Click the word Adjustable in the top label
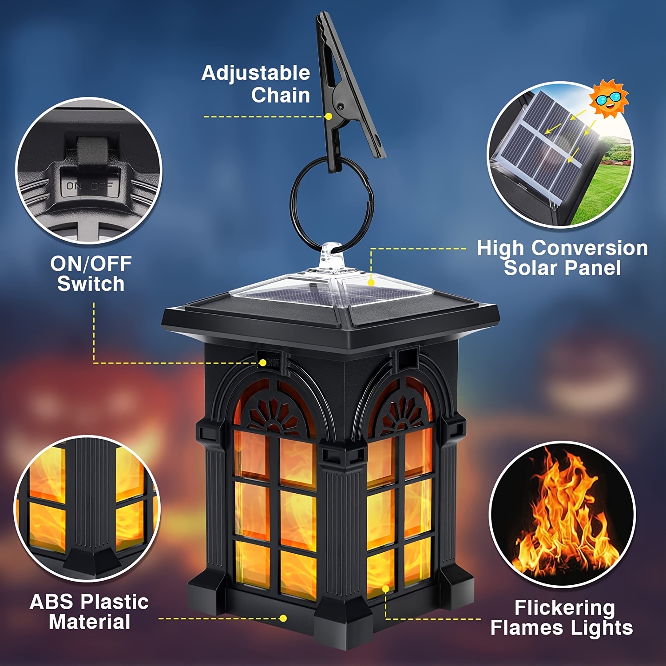pyautogui.click(x=256, y=73)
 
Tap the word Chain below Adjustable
pyautogui.click(x=280, y=95)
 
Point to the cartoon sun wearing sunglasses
pyautogui.click(x=609, y=99)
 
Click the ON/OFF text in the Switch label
pyautogui.click(x=91, y=264)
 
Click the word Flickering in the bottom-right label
pyautogui.click(x=564, y=608)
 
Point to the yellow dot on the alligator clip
pyautogui.click(x=329, y=116)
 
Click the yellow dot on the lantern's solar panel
pyautogui.click(x=371, y=282)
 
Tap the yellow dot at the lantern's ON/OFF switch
pyautogui.click(x=263, y=363)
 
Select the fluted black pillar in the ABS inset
pyautogui.click(x=92, y=497)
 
